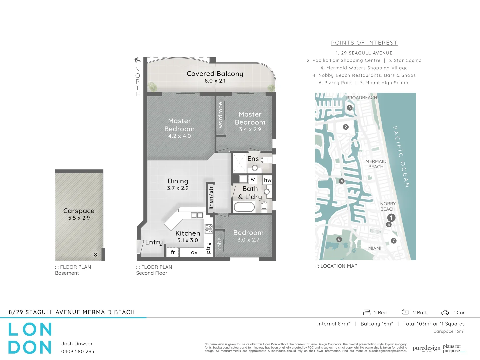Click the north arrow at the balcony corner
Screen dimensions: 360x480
pyautogui.click(x=137, y=60)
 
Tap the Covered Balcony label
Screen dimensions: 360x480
pyautogui.click(x=215, y=74)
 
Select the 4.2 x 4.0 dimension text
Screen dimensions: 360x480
pyautogui.click(x=179, y=136)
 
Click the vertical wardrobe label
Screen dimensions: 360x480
pyautogui.click(x=220, y=115)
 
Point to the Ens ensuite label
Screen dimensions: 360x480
pyautogui.click(x=253, y=159)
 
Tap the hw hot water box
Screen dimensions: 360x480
pyautogui.click(x=267, y=180)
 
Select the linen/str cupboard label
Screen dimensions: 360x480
pyautogui.click(x=211, y=198)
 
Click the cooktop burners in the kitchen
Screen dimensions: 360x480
pyautogui.click(x=209, y=229)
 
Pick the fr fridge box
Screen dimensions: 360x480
pyautogui.click(x=173, y=252)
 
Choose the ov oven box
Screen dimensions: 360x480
pyautogui.click(x=194, y=252)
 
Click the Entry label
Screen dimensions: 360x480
pyautogui.click(x=154, y=242)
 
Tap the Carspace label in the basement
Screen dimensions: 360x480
pyautogui.click(x=79, y=211)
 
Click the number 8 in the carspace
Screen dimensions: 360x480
pyautogui.click(x=95, y=255)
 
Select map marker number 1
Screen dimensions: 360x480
pyautogui.click(x=391, y=218)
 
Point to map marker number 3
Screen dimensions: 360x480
pyautogui.click(x=349, y=108)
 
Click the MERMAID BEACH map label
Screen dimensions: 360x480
pyautogui.click(x=376, y=164)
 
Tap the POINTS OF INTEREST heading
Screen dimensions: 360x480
pyautogui.click(x=364, y=43)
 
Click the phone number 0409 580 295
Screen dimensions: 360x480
pyautogui.click(x=78, y=351)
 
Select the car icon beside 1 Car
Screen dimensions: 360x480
pyautogui.click(x=445, y=313)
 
